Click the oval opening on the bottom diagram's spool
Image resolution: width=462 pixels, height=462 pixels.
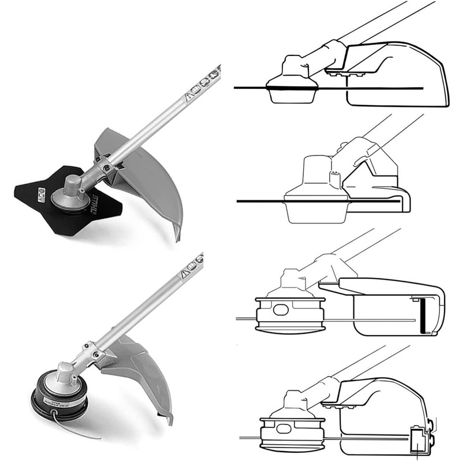284,430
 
